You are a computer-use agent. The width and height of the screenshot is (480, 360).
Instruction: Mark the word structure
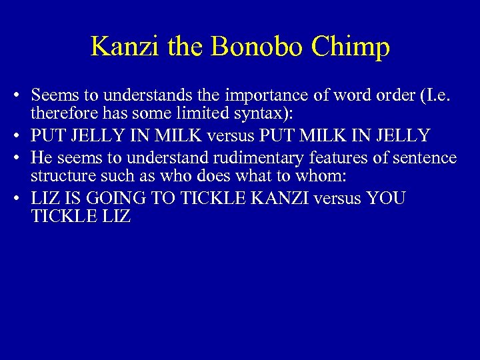pyautogui.click(x=59, y=178)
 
